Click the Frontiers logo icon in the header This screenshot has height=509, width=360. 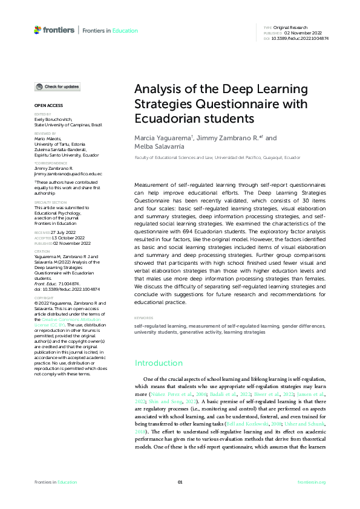coord(38,30)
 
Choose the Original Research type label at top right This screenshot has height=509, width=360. coord(290,28)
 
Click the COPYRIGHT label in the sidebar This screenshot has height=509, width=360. coord(44,298)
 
